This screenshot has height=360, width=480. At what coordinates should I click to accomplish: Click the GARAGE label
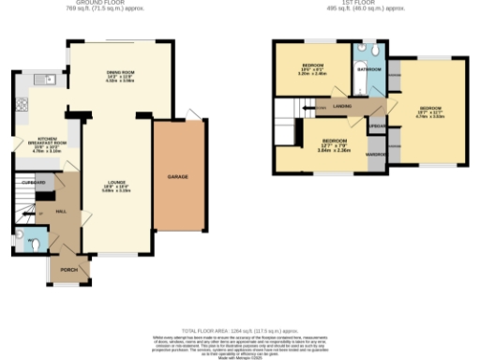[177, 176]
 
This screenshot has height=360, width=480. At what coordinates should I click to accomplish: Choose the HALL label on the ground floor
[62, 212]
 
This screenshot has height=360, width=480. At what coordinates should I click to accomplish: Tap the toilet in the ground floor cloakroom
[34, 245]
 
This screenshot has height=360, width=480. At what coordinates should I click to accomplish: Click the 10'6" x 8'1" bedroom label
[312, 67]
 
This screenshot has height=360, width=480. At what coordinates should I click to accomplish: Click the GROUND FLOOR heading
[119, 4]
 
